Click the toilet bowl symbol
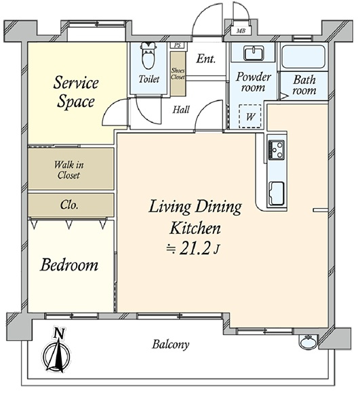click(x=148, y=55)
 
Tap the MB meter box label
click(x=241, y=31)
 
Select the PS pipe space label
click(x=178, y=45)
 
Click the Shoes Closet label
click(x=178, y=74)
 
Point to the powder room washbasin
click(x=254, y=54)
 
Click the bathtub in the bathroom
click(x=303, y=57)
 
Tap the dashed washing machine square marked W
click(x=250, y=117)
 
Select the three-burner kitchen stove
click(x=277, y=150)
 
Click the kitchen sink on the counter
click(x=277, y=193)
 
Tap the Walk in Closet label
click(x=68, y=170)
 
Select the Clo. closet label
click(x=69, y=205)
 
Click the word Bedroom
click(x=69, y=265)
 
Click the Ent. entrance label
click(x=205, y=59)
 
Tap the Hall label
click(x=181, y=110)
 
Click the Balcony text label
click(x=171, y=344)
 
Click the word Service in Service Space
click(x=76, y=83)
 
